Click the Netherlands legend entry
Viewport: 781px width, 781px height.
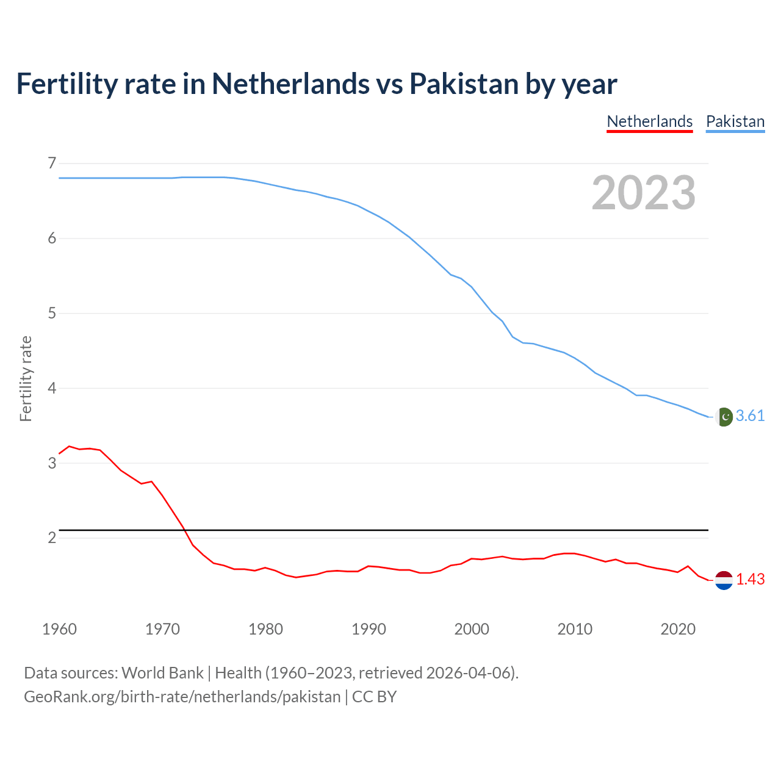tap(650, 121)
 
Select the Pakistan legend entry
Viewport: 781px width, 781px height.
tap(735, 121)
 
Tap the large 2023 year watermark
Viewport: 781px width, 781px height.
tap(644, 193)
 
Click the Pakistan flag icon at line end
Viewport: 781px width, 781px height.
tap(724, 416)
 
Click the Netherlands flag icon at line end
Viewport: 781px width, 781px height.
tap(724, 580)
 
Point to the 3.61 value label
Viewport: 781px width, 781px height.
tap(750, 416)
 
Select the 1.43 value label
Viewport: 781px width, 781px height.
tap(750, 579)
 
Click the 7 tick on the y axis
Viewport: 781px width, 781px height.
tap(52, 163)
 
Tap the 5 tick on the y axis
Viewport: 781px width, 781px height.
tap(52, 313)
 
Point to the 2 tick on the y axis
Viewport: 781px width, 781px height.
tap(52, 538)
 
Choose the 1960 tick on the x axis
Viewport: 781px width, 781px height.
tap(59, 629)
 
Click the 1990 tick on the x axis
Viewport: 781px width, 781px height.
tap(369, 629)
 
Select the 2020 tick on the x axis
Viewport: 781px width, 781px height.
tap(678, 629)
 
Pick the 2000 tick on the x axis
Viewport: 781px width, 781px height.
tap(472, 629)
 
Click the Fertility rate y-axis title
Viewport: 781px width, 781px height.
tap(26, 378)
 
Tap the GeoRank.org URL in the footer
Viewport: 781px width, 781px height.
tap(182, 697)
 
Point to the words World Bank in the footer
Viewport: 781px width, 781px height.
tap(162, 673)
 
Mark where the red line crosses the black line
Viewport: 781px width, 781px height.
tap(184, 530)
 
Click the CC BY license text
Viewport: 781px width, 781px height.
tap(374, 697)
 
